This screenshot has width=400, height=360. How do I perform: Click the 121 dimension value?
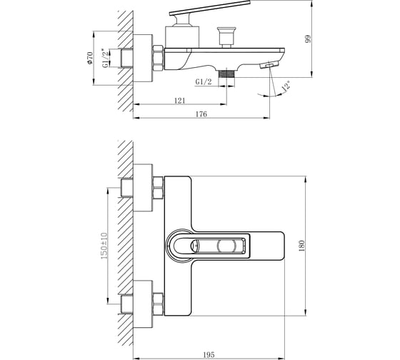point(180,101)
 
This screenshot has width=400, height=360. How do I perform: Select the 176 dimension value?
point(201,114)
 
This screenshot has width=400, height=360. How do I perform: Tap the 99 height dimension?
point(308,39)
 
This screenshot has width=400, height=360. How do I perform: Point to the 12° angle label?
point(286,86)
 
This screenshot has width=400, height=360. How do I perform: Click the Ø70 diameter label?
point(90,58)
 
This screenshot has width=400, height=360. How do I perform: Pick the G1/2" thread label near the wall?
point(105,58)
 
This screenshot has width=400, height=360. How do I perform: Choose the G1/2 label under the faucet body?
point(204,82)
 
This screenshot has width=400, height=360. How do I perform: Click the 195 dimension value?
point(209,355)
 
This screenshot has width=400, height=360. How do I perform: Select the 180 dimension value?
point(301,246)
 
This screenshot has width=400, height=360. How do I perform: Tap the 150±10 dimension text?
point(104,246)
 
